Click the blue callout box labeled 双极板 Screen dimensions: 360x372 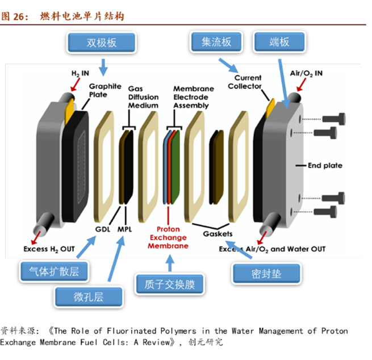click(x=102, y=43)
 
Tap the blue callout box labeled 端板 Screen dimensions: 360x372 click(x=279, y=42)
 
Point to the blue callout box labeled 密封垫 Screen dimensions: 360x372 click(x=266, y=274)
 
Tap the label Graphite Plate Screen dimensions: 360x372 click(x=105, y=90)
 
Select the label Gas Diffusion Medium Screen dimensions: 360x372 click(x=143, y=97)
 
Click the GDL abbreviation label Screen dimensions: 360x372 click(x=103, y=229)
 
